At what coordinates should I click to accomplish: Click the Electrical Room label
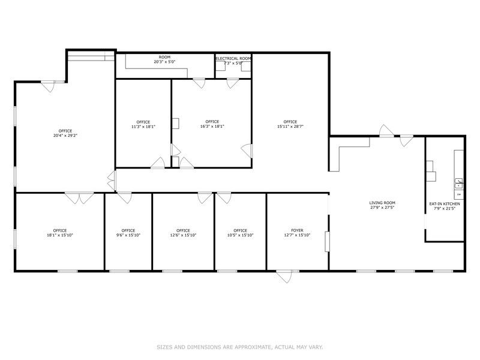pyautogui.click(x=233, y=58)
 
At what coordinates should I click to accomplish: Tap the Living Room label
pyautogui.click(x=382, y=203)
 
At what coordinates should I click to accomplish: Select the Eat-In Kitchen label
pyautogui.click(x=445, y=204)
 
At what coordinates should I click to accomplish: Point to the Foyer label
pyautogui.click(x=297, y=230)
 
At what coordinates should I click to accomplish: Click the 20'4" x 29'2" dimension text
pyautogui.click(x=65, y=136)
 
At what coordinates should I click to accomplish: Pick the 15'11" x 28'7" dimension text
pyautogui.click(x=290, y=126)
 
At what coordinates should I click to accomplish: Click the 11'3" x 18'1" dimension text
pyautogui.click(x=143, y=127)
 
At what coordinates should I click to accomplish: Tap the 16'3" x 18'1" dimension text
pyautogui.click(x=212, y=126)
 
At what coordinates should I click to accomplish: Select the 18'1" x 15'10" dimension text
pyautogui.click(x=59, y=235)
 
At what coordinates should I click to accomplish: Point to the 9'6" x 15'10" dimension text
pyautogui.click(x=128, y=235)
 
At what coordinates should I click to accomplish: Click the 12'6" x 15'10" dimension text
pyautogui.click(x=183, y=235)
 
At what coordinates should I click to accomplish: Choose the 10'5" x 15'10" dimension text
pyautogui.click(x=241, y=235)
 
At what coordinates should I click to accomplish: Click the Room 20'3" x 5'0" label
pyautogui.click(x=164, y=59)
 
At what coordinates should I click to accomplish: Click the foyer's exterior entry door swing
pyautogui.click(x=284, y=276)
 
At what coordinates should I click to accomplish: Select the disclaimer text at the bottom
pyautogui.click(x=239, y=347)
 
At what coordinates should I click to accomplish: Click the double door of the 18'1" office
pyautogui.click(x=79, y=198)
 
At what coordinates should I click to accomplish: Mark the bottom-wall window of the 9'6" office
pyautogui.click(x=119, y=271)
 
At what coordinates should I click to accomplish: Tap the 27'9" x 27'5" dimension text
pyautogui.click(x=382, y=207)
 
